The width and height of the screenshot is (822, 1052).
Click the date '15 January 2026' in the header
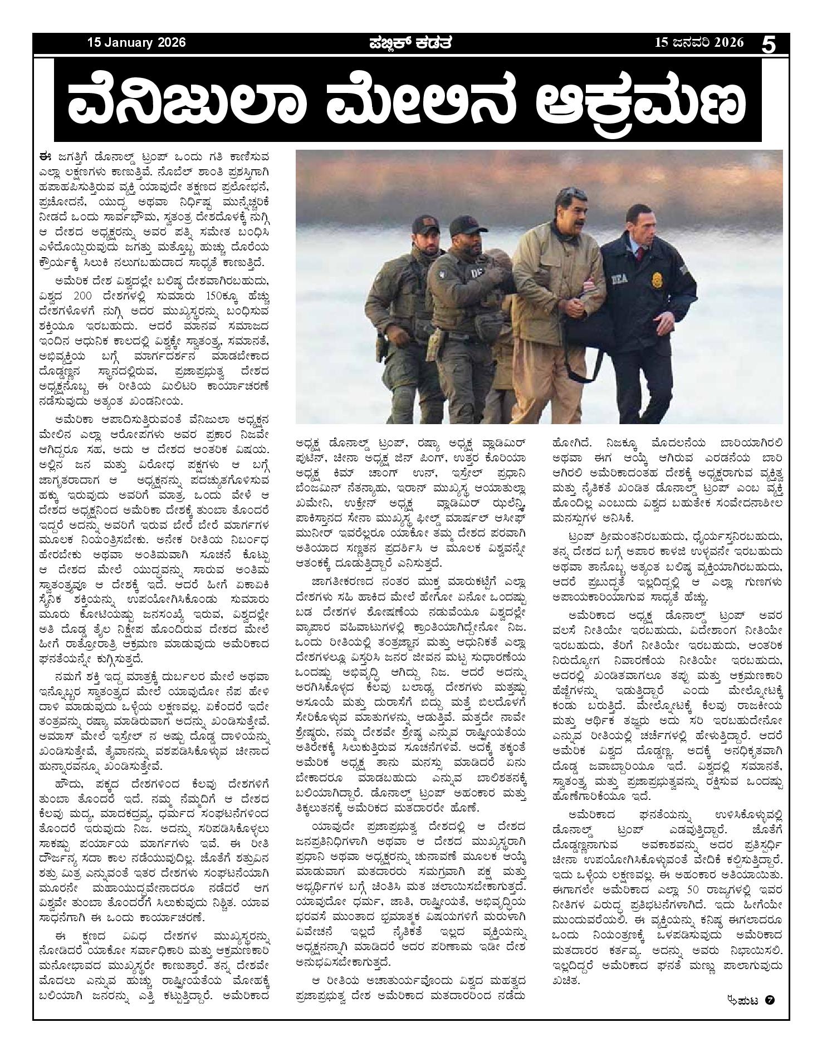(136, 43)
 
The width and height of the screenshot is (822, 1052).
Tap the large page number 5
(769, 44)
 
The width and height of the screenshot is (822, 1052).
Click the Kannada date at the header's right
(699, 43)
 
